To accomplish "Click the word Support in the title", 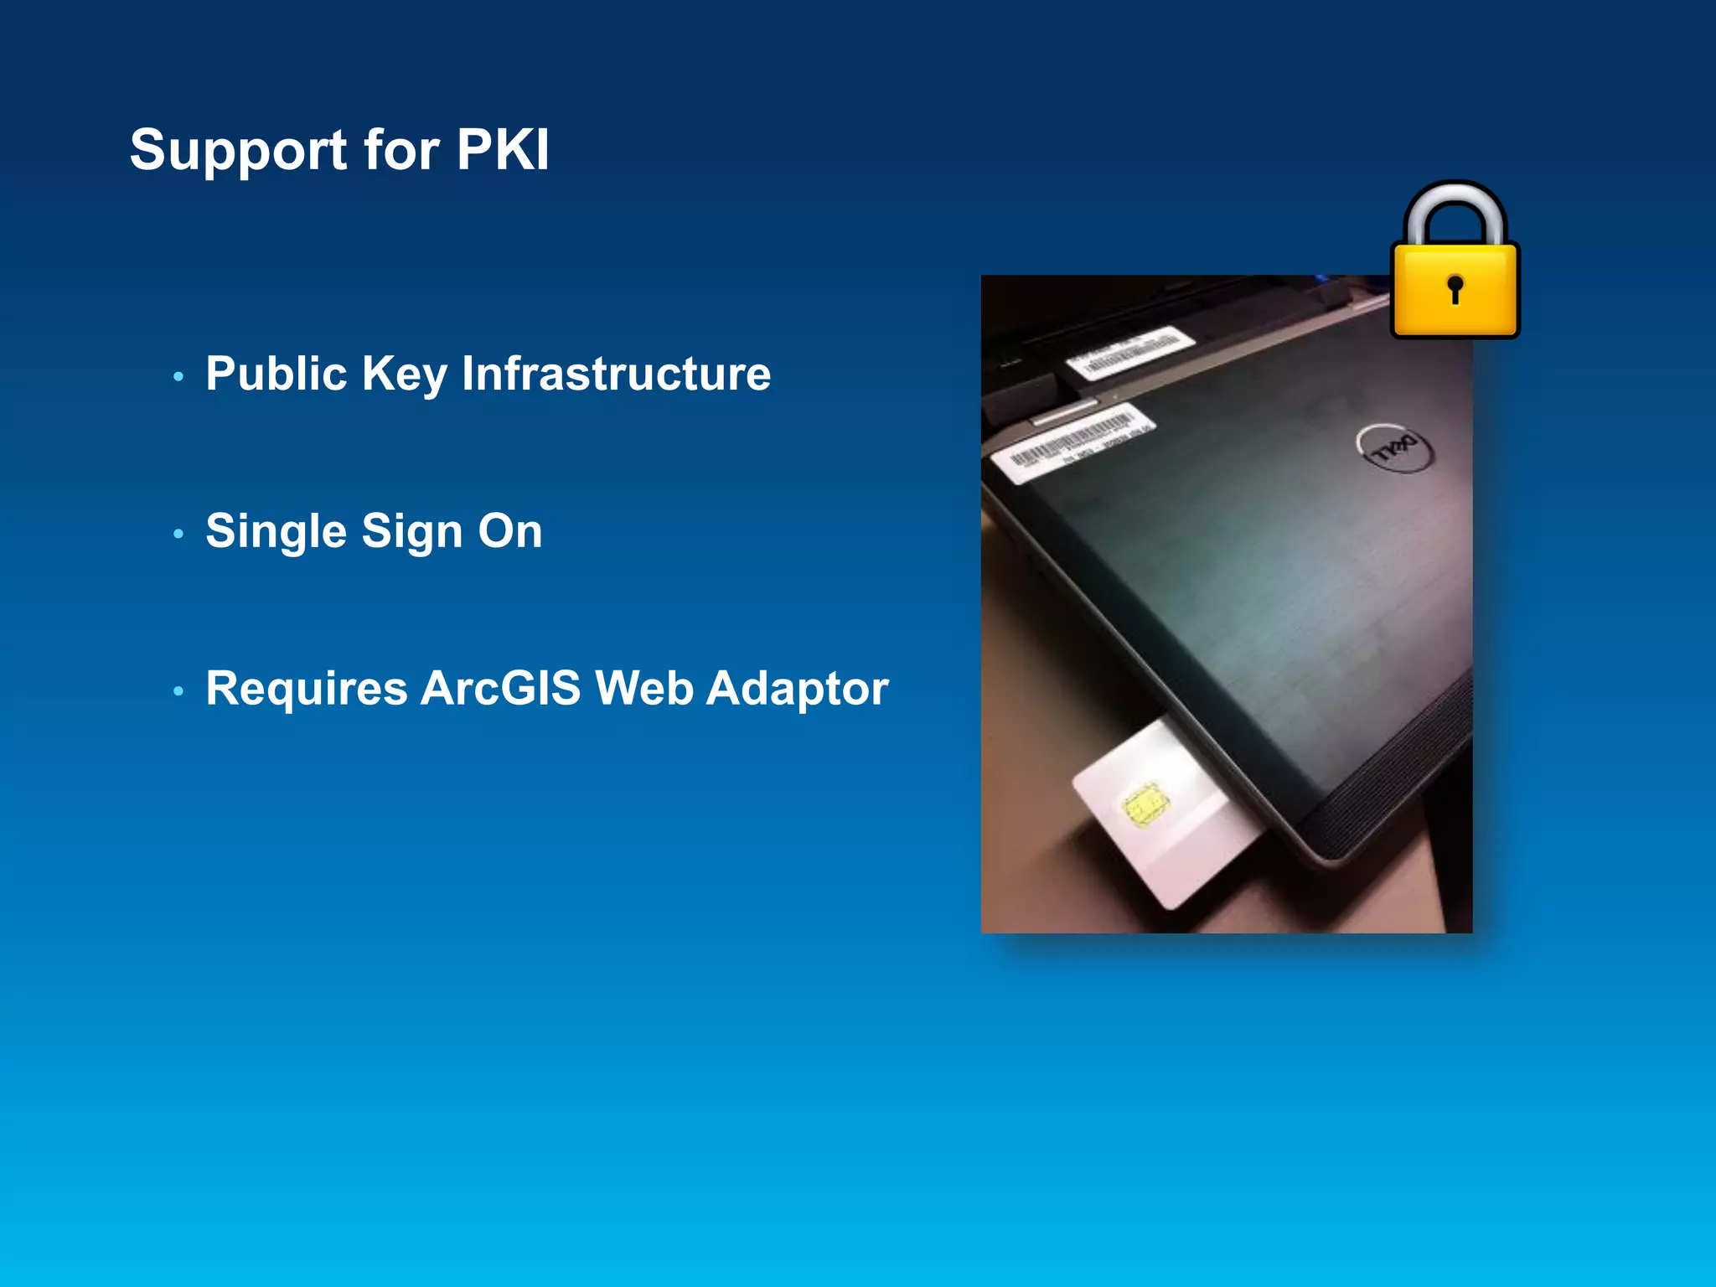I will point(238,151).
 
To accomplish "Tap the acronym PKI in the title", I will point(502,151).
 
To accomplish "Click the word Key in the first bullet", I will point(404,375).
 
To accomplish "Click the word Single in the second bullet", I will point(276,531).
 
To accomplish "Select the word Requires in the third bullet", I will point(306,689).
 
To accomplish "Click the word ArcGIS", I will point(500,689).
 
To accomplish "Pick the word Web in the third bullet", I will point(643,689).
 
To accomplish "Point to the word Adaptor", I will point(797,689).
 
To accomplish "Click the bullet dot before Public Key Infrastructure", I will point(178,377).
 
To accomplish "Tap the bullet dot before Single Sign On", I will point(178,534).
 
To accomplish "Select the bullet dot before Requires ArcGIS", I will point(178,691).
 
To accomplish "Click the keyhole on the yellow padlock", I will point(1455,288).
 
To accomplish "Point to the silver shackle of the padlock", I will point(1455,201).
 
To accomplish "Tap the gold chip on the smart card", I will point(1146,806).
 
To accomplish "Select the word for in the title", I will point(401,151).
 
